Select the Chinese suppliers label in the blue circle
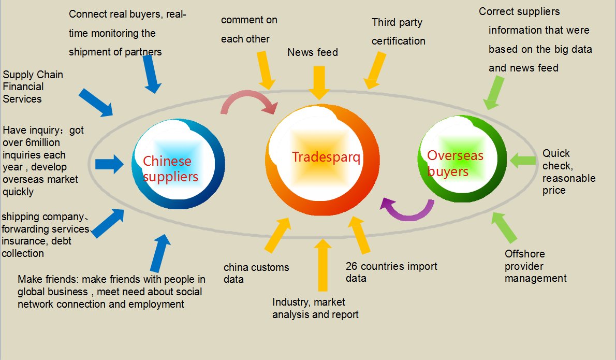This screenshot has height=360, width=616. (170, 169)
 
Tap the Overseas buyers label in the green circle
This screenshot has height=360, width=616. (455, 163)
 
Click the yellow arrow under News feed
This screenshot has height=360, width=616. (319, 82)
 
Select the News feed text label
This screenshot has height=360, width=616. (313, 52)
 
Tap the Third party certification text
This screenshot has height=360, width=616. (398, 32)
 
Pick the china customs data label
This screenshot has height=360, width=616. (256, 273)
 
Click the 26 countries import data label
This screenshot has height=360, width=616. (391, 272)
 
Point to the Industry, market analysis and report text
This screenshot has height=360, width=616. (315, 308)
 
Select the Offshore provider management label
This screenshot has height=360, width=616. (535, 266)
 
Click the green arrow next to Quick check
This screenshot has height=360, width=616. (522, 160)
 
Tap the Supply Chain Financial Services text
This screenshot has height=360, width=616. (33, 87)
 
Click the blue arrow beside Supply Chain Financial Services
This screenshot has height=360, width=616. (95, 102)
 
